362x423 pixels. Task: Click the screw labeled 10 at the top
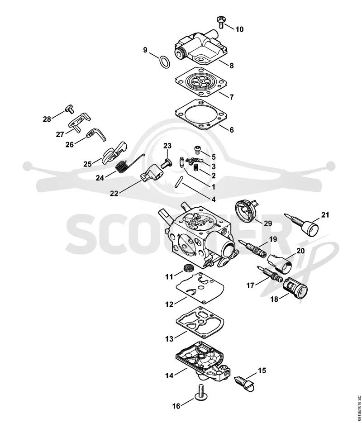click(221, 22)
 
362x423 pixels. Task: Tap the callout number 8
click(231, 66)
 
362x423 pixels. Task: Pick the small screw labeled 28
click(69, 109)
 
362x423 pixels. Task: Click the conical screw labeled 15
click(245, 383)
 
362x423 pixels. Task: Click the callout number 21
click(325, 215)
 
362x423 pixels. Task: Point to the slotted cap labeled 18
click(295, 288)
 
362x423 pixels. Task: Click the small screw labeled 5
click(198, 150)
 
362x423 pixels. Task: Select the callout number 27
click(60, 134)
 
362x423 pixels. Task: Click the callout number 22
click(114, 194)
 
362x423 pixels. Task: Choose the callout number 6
click(231, 130)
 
